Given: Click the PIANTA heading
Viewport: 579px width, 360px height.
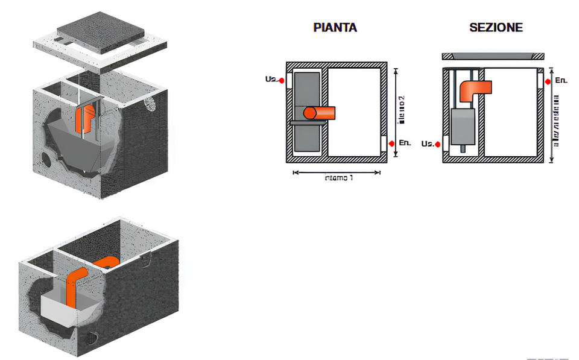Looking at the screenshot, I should pyautogui.click(x=335, y=28).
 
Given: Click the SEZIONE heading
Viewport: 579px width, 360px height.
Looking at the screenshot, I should pyautogui.click(x=496, y=28).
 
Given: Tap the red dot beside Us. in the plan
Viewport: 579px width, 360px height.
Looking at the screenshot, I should pyautogui.click(x=281, y=79).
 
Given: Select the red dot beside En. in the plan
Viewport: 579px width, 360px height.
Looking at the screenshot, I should pyautogui.click(x=392, y=143).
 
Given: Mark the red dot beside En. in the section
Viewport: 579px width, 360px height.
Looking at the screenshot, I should pyautogui.click(x=548, y=81).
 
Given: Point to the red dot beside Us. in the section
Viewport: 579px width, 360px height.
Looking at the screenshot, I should pyautogui.click(x=437, y=144).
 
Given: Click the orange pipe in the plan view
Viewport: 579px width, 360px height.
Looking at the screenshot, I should pyautogui.click(x=320, y=113).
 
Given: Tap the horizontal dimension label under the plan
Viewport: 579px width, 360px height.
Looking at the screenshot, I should pyautogui.click(x=339, y=178).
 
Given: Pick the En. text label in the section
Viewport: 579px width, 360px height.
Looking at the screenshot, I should pyautogui.click(x=560, y=80).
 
